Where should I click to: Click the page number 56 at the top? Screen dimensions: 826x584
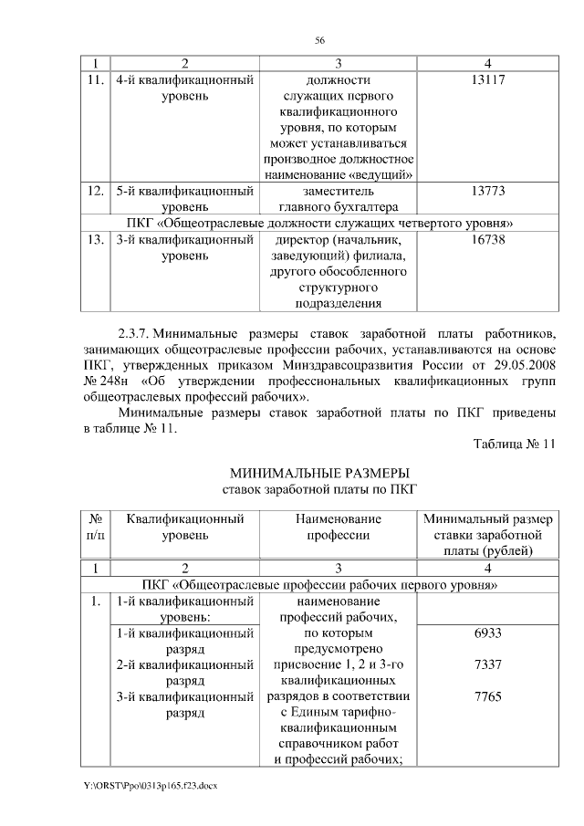(320, 40)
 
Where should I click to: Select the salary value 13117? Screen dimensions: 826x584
(489, 80)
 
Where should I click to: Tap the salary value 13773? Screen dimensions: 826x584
(489, 192)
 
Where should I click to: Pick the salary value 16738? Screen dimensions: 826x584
(489, 240)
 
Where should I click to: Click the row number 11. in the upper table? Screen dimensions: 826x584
(94, 80)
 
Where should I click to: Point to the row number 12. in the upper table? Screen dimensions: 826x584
(94, 192)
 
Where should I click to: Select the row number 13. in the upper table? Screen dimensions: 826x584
(94, 240)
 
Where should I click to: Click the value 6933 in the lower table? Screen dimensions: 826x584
(489, 633)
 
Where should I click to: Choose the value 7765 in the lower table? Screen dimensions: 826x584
(489, 696)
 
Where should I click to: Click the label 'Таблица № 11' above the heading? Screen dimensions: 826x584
(514, 444)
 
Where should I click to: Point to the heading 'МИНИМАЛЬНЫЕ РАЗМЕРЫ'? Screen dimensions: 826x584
(320, 472)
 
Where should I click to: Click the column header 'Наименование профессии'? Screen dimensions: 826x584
(337, 527)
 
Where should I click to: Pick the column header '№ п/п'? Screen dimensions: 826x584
(94, 527)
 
